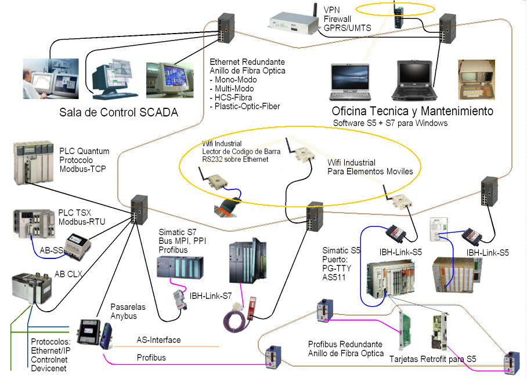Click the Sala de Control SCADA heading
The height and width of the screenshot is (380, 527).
click(118, 112)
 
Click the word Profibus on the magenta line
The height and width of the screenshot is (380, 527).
click(151, 357)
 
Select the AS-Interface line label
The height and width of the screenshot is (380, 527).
click(158, 340)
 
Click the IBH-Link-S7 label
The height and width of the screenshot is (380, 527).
click(210, 296)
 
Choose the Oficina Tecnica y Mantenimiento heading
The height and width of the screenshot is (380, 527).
click(412, 111)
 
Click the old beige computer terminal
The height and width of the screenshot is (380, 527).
click(475, 78)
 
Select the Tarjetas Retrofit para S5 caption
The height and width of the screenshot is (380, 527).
click(432, 359)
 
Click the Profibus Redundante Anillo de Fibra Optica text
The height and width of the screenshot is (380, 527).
click(345, 348)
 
